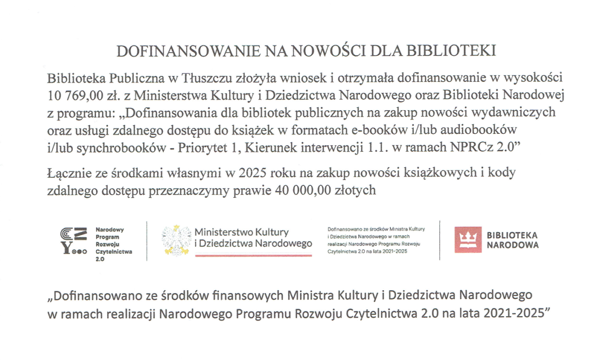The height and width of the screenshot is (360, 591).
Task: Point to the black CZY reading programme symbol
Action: coord(74,239)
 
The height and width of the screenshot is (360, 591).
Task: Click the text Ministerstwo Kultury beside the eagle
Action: coord(237,231)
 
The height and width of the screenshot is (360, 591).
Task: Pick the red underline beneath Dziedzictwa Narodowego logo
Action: coord(253,256)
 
